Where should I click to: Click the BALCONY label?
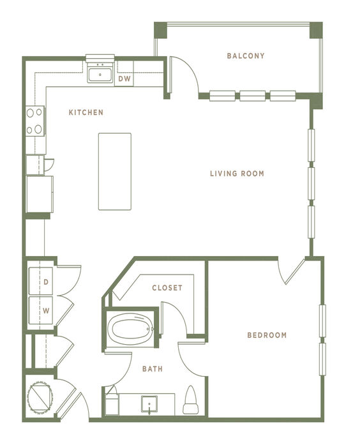(246, 56)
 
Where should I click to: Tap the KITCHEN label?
(86, 112)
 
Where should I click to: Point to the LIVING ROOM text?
(237, 174)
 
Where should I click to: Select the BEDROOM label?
(267, 335)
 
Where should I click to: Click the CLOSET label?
(167, 288)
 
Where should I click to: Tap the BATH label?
(153, 369)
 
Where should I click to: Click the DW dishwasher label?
(124, 79)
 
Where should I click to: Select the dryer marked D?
(41, 282)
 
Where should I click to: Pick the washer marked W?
(41, 310)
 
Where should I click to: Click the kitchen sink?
(100, 75)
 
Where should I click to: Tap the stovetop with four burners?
(35, 121)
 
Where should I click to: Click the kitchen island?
(115, 171)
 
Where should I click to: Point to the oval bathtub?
(130, 329)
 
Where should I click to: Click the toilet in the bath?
(190, 400)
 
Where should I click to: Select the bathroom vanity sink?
(149, 404)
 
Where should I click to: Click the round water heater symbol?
(40, 397)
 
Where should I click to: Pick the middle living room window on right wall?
(311, 184)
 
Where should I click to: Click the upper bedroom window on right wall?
(322, 321)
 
